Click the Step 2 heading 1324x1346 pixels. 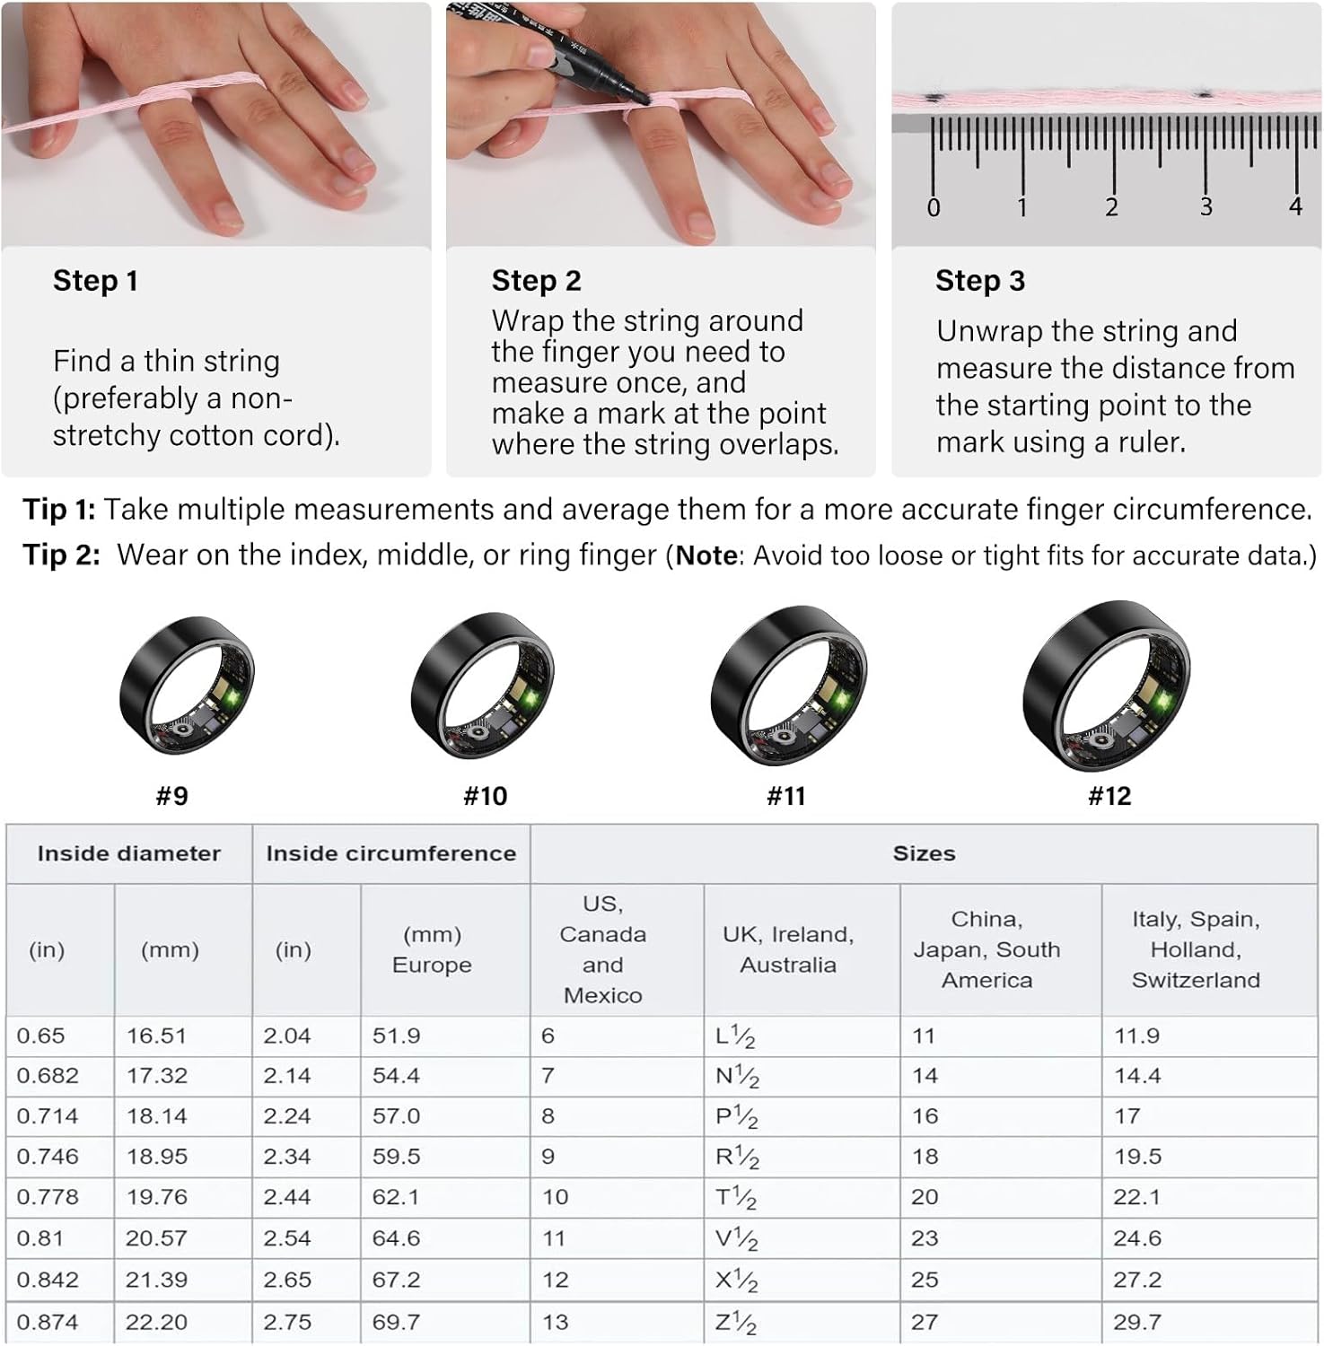tap(536, 281)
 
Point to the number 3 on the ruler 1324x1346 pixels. tap(1206, 207)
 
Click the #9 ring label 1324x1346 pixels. tap(171, 796)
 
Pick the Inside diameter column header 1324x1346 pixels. tap(129, 853)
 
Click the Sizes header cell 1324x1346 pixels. tap(924, 853)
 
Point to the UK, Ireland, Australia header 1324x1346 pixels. tap(788, 949)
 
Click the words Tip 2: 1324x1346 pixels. tap(61, 555)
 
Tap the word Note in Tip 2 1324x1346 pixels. tap(706, 555)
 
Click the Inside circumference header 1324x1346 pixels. tap(391, 853)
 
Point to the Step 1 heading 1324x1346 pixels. tap(95, 281)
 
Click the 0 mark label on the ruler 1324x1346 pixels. tap(934, 208)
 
